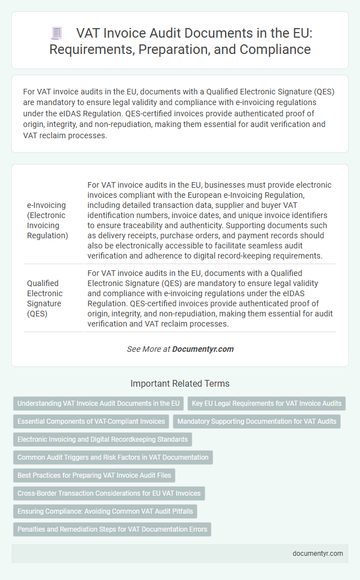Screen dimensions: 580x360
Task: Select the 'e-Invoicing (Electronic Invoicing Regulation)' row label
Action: [48, 220]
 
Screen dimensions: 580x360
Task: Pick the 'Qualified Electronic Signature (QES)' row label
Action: [45, 298]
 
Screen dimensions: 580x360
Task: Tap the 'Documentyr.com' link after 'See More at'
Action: [202, 349]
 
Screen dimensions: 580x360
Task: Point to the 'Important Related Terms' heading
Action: [180, 384]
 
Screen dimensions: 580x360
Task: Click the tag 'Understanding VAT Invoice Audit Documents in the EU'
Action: [98, 404]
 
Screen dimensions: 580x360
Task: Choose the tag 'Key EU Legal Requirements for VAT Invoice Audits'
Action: [267, 404]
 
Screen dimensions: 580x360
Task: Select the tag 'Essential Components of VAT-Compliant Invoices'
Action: [91, 422]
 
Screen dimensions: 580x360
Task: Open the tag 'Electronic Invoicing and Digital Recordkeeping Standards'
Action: [102, 439]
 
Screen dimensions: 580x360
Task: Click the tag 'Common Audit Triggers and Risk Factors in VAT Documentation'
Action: [112, 457]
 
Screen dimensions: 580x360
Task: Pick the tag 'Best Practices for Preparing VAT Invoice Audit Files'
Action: [94, 475]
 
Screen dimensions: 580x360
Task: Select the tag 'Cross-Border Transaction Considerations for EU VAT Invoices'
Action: [109, 493]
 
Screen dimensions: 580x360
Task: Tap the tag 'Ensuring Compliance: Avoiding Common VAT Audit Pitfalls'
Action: [105, 511]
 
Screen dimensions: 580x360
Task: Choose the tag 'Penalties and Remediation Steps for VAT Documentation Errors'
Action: [112, 529]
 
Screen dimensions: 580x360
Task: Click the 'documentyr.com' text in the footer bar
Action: [318, 554]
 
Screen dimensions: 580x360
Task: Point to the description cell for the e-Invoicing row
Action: [210, 220]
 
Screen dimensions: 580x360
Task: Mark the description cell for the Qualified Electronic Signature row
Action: [210, 298]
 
